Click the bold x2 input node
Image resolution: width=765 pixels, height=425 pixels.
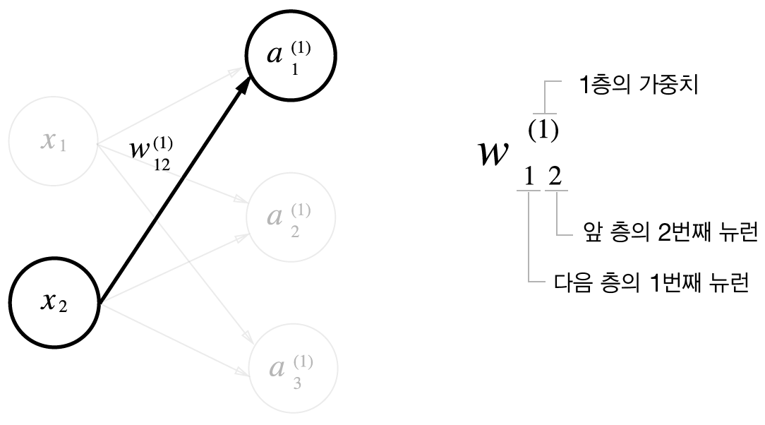tap(54, 304)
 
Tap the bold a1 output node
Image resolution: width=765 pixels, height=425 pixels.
tap(291, 60)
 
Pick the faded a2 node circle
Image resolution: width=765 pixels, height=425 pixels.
tap(291, 219)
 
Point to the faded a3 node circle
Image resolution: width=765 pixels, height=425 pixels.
tap(291, 368)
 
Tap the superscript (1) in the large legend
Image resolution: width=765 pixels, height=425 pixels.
tap(543, 131)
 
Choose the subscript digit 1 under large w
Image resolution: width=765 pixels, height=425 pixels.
tap(528, 176)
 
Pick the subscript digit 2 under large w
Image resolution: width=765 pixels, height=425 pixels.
tap(555, 176)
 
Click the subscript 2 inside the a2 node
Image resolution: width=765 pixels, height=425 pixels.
tap(294, 232)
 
